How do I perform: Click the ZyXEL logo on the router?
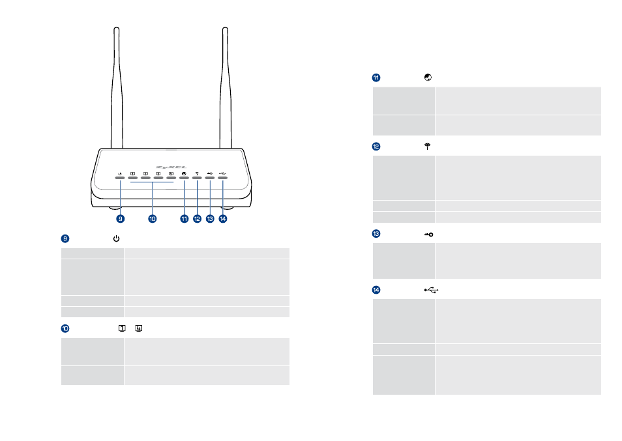point(171,167)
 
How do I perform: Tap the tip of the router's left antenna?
point(117,28)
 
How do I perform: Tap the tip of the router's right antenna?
point(226,28)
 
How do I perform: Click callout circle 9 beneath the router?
point(120,219)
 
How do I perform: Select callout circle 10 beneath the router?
point(153,219)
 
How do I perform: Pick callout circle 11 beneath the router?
point(184,219)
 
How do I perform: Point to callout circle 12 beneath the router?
point(197,219)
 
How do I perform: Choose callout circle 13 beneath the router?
point(210,219)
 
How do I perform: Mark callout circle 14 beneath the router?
point(223,219)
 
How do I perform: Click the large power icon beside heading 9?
point(116,238)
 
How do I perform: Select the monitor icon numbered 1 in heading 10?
point(122,328)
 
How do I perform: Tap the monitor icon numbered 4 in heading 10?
point(139,328)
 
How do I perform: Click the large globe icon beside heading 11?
point(428,78)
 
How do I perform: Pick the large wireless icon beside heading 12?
point(427,147)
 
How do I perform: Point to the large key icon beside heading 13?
point(429,235)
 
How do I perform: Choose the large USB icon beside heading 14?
point(431,291)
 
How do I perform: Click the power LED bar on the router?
point(120,178)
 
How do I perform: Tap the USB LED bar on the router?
point(222,178)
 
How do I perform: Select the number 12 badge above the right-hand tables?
point(376,147)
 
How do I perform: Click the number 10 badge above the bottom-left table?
point(65,328)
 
